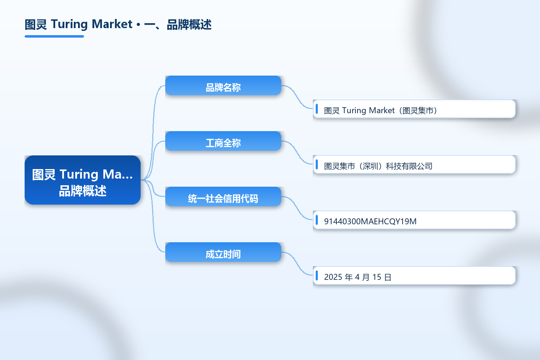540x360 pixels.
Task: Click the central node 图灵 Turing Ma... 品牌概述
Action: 83,180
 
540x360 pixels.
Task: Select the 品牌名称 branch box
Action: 223,85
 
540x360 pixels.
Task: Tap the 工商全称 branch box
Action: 223,141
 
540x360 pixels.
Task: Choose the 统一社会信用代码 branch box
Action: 223,197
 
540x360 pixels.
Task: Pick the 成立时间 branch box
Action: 223,252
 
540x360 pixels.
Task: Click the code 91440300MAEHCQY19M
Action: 370,221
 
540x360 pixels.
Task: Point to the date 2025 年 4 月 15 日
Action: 358,277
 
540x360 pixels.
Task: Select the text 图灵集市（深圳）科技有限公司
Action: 378,166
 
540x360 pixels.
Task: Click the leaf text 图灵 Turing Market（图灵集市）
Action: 381,110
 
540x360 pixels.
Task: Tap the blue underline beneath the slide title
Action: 54,37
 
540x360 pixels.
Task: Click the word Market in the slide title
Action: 112,24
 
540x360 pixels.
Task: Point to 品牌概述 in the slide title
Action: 189,25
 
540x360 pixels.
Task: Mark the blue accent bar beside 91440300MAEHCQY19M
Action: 317,220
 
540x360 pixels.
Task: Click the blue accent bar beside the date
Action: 317,275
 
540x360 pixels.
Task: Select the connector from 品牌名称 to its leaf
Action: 297,97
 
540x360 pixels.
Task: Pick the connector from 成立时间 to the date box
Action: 297,264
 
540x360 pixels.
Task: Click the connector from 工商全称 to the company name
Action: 297,152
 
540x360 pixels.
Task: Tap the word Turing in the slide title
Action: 69,25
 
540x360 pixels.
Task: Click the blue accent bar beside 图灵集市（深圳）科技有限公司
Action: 317,165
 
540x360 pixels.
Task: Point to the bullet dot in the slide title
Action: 139,25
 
